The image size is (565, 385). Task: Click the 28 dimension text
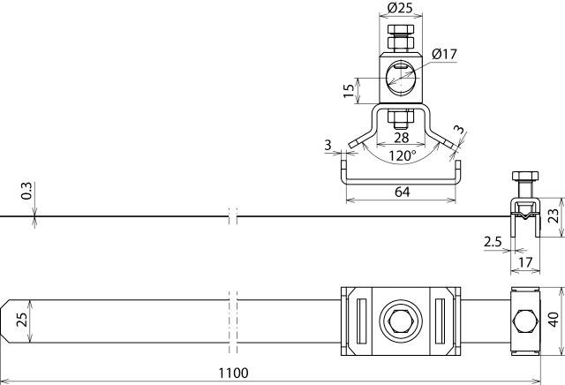(x=401, y=138)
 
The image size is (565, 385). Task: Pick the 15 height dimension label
(x=350, y=88)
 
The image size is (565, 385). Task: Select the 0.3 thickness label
(x=26, y=190)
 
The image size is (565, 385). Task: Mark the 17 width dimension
(x=525, y=261)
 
